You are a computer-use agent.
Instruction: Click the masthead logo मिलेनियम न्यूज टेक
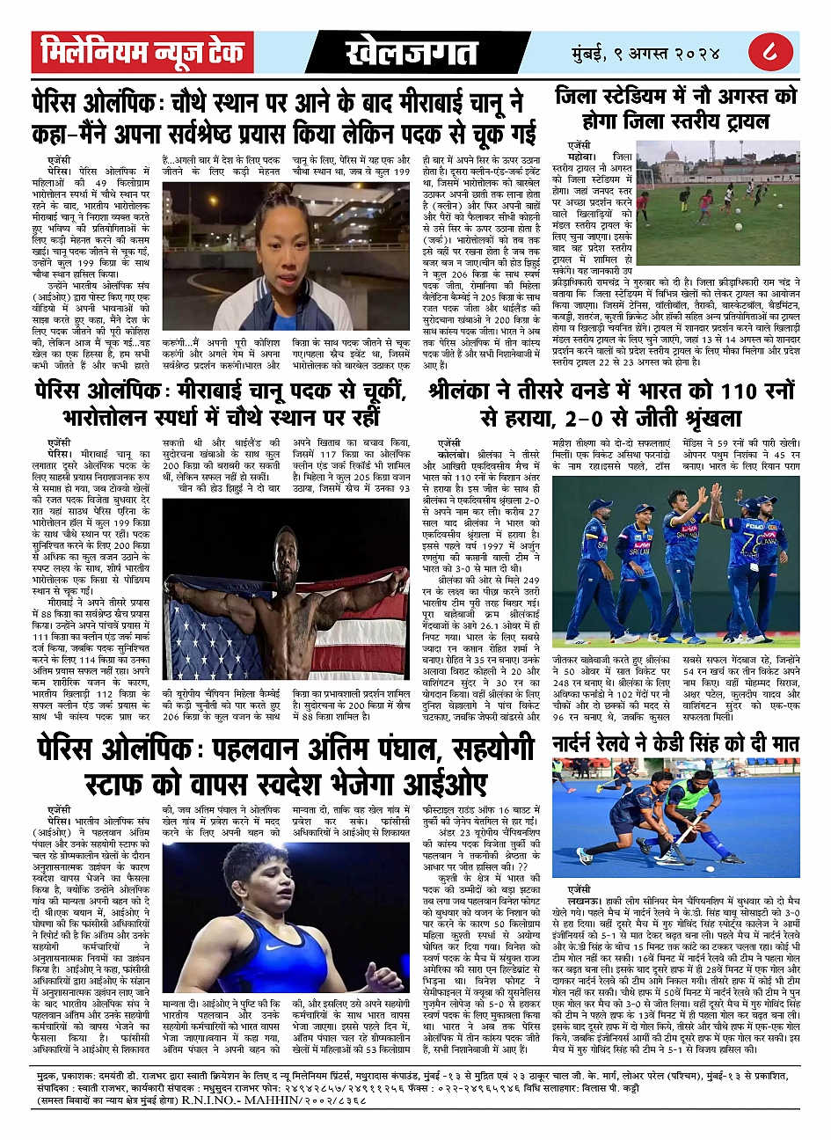tap(143, 53)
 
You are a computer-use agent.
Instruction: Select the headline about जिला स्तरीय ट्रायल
tap(675, 107)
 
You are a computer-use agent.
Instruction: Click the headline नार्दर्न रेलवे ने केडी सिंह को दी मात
tap(675, 744)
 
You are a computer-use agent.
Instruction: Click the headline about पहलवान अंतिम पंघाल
tap(287, 764)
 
